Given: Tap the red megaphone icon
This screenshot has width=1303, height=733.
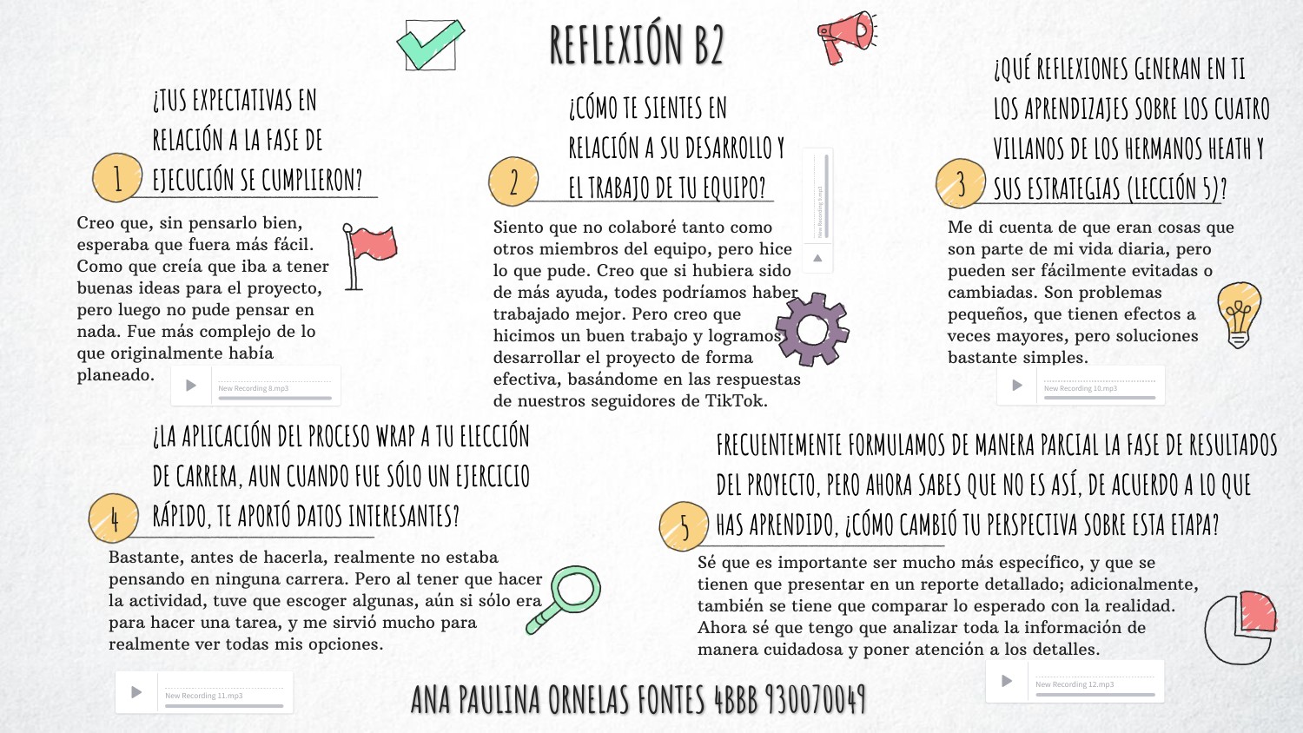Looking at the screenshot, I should (845, 36).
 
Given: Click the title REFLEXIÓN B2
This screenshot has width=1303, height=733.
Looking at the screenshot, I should (637, 44).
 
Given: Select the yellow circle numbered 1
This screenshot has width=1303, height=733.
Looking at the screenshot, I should (117, 178).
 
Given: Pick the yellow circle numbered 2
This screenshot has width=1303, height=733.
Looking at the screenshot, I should (513, 182).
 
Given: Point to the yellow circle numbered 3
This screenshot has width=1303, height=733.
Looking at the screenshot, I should (961, 183).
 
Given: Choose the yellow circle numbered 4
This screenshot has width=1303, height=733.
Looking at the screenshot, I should (114, 518).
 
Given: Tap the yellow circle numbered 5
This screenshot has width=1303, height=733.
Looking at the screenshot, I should (685, 526).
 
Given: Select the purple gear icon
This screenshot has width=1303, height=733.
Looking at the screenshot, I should (812, 329).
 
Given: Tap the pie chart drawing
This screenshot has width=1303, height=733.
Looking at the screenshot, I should (1240, 627).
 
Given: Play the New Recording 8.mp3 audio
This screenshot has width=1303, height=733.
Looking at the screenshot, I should (191, 386).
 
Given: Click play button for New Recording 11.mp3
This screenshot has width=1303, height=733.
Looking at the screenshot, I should (136, 692).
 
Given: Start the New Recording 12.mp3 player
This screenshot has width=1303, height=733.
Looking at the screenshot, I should (1007, 681).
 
